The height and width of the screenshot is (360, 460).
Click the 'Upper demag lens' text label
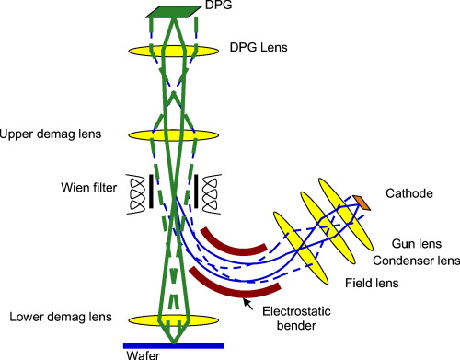coord(51,134)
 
